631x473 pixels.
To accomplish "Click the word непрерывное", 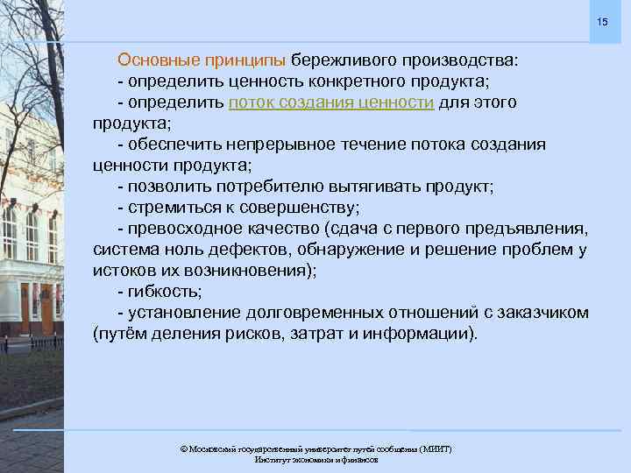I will (x=286, y=145).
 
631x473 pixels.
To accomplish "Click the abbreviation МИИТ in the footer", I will (x=435, y=448).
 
